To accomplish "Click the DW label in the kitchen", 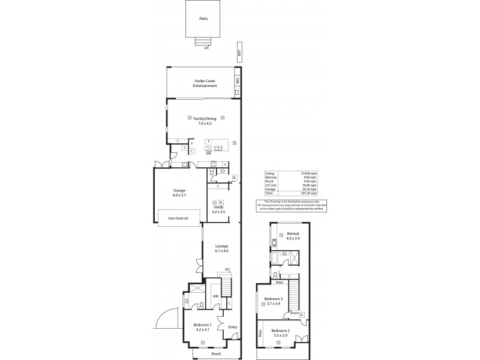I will [x=208, y=154].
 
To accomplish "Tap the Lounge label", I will [x=223, y=246].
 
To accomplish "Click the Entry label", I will [x=233, y=327].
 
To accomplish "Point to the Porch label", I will [x=216, y=354].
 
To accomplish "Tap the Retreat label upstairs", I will [x=293, y=233].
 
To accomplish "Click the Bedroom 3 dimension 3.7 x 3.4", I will [x=273, y=304].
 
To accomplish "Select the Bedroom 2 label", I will [x=280, y=331].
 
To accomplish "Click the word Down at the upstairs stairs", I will [x=295, y=313].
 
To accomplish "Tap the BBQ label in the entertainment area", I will [x=238, y=80].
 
